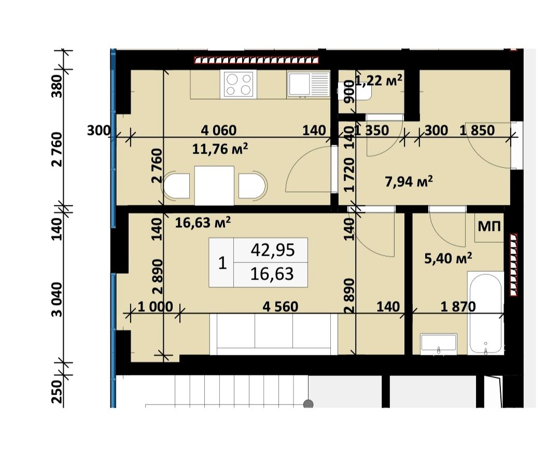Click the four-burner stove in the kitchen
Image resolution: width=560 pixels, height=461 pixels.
click(238, 84)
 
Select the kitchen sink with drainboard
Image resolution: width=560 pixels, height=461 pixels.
click(309, 84)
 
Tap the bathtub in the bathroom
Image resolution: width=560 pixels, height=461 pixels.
click(486, 313)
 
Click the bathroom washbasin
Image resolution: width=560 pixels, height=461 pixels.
click(439, 344)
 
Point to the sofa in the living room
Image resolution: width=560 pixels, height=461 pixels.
click(274, 334)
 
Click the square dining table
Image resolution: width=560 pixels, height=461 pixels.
click(214, 186)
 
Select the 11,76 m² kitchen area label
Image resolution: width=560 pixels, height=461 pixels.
click(220, 148)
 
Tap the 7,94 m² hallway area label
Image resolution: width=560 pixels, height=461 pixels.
click(409, 181)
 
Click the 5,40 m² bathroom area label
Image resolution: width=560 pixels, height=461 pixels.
click(448, 258)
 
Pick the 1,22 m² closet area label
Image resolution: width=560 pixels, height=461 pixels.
click(379, 80)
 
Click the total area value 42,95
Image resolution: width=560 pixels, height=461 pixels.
click(273, 250)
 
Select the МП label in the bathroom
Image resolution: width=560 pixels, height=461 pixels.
click(489, 226)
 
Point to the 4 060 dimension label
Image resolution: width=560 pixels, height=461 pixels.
click(219, 130)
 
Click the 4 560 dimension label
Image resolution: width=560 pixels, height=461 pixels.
click(281, 306)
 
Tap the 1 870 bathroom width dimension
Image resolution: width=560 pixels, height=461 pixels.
click(458, 306)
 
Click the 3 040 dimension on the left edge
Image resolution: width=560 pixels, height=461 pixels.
click(57, 300)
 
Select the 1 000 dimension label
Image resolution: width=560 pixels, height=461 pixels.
click(155, 306)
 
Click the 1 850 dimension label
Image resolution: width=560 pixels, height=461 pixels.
click(477, 130)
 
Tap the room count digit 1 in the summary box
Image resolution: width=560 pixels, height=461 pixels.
click(222, 263)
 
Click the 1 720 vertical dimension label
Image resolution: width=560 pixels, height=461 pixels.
click(350, 175)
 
